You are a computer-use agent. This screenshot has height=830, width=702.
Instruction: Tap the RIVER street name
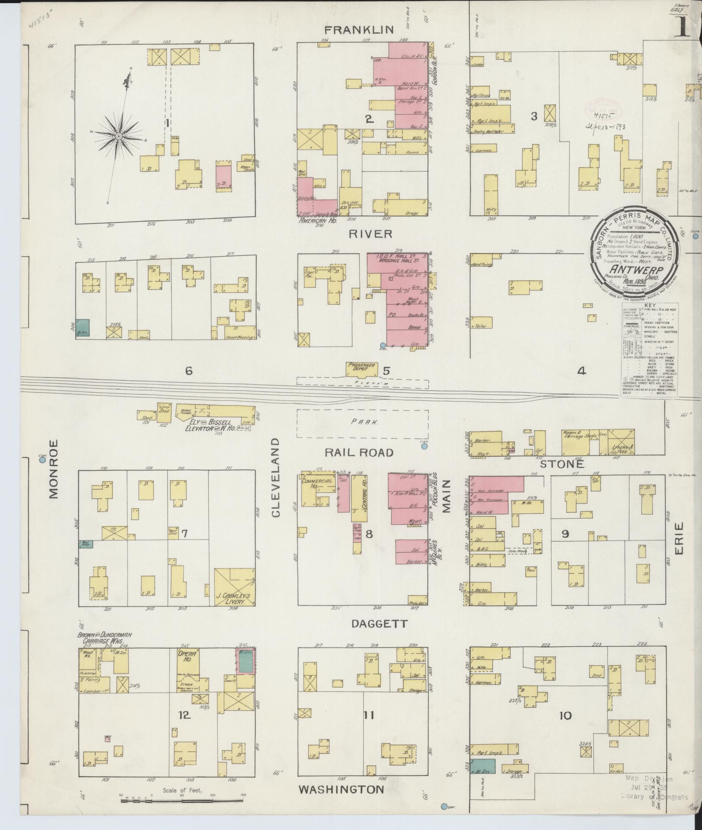pyautogui.click(x=364, y=233)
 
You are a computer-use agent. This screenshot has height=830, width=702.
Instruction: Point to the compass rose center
pyautogui.click(x=118, y=136)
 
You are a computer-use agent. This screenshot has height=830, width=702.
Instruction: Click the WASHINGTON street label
pyautogui.click(x=341, y=789)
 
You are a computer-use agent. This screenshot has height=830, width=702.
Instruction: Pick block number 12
pyautogui.click(x=184, y=715)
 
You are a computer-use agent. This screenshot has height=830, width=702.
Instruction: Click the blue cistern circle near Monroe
pyautogui.click(x=42, y=460)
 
